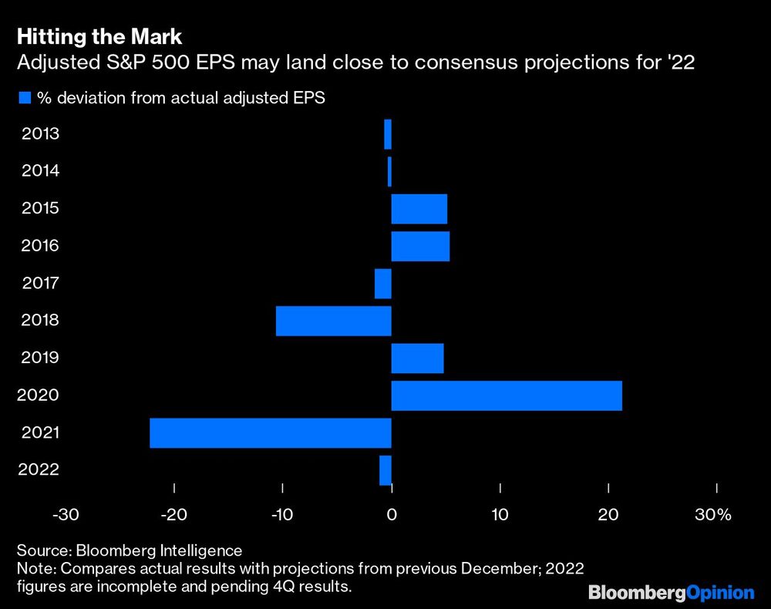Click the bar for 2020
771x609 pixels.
coord(507,395)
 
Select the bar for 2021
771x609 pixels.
coord(270,432)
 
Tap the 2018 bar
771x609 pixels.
coord(333,321)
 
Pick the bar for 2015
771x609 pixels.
coord(419,208)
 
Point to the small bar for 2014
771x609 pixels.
coord(389,171)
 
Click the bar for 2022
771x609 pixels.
coord(385,470)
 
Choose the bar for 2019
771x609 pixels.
coord(417,358)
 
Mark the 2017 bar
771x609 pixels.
coord(383,283)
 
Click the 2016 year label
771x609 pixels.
coord(41,246)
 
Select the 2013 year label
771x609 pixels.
coord(41,134)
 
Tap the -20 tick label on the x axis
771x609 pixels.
coord(174,514)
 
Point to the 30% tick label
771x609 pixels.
coord(712,514)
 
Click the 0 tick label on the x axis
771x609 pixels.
coord(392,514)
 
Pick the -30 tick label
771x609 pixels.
coord(66,514)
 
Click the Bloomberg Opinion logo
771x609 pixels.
coord(671,592)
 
